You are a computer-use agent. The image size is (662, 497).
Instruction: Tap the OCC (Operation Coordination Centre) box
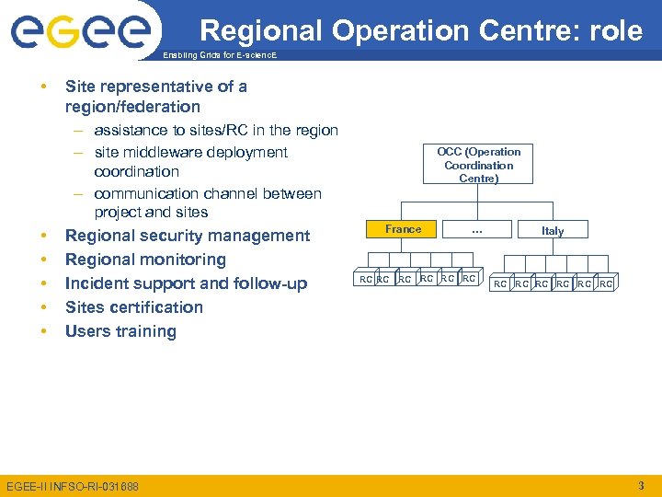click(x=478, y=165)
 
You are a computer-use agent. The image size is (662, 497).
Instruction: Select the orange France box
click(x=404, y=229)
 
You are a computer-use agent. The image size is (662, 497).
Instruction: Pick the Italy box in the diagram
click(x=553, y=231)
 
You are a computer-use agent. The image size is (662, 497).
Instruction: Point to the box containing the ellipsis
click(x=477, y=230)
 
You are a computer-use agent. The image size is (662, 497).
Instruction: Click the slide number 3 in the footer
click(x=641, y=485)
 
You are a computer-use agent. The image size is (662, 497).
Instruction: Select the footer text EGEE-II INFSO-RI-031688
click(x=73, y=486)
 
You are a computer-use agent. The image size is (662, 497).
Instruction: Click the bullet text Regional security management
click(x=188, y=236)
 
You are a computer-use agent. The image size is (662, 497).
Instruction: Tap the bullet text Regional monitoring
click(x=145, y=260)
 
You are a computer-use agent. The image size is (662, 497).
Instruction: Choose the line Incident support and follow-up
click(x=186, y=283)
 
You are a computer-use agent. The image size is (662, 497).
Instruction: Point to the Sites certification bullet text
click(x=134, y=307)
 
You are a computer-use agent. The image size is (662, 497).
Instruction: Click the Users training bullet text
click(x=120, y=331)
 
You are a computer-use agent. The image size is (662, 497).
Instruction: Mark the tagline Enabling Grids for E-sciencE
click(x=219, y=56)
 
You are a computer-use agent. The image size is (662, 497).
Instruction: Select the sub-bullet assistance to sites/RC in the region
click(x=216, y=131)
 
